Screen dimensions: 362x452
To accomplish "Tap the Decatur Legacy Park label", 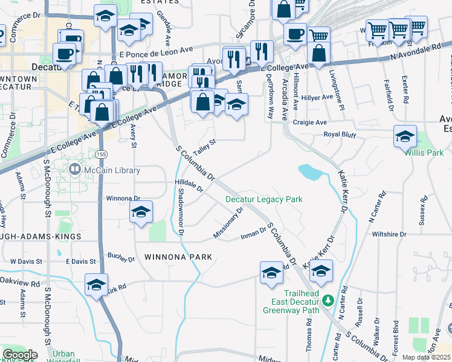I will tap(263, 199).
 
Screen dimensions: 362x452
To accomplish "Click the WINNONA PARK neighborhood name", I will tap(178, 257).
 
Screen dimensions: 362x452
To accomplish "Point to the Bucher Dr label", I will tap(121, 259).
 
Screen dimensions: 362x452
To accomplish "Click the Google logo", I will tap(19, 354).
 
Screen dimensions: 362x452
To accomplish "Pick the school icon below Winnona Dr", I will tap(141, 212).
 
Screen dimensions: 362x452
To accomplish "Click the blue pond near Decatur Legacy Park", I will tap(311, 173).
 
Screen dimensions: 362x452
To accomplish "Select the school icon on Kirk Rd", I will tap(96, 284).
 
